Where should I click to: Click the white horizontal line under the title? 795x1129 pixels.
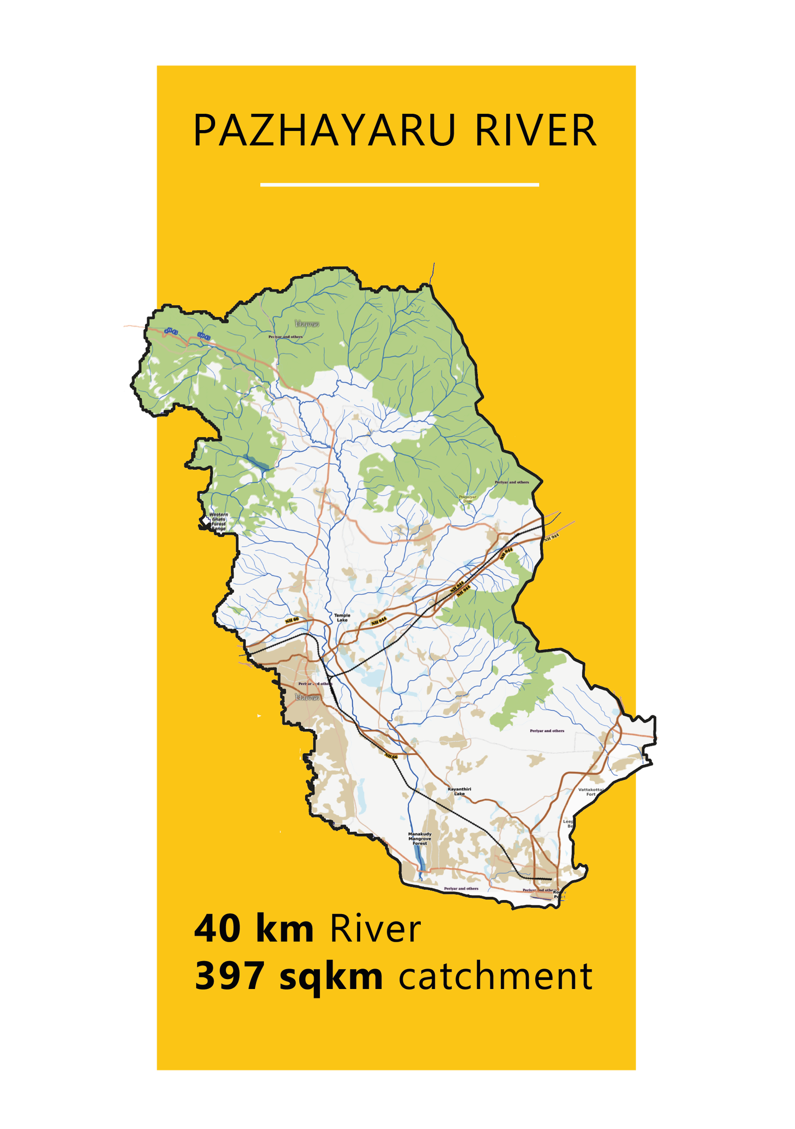coord(399,185)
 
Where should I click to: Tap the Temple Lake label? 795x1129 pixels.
coord(342,618)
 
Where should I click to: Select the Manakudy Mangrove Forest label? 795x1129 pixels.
coord(420,839)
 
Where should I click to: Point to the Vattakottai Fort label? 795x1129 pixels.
coord(591,792)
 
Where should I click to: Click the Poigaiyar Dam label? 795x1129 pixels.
coord(467,499)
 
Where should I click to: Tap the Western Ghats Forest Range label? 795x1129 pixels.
coord(219,521)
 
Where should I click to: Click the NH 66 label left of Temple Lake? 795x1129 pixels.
coord(292,620)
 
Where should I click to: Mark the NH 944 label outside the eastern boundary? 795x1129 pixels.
coord(552,537)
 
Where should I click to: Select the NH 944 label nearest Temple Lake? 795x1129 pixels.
coord(379,621)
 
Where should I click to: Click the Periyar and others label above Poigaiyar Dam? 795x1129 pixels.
coord(512,482)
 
